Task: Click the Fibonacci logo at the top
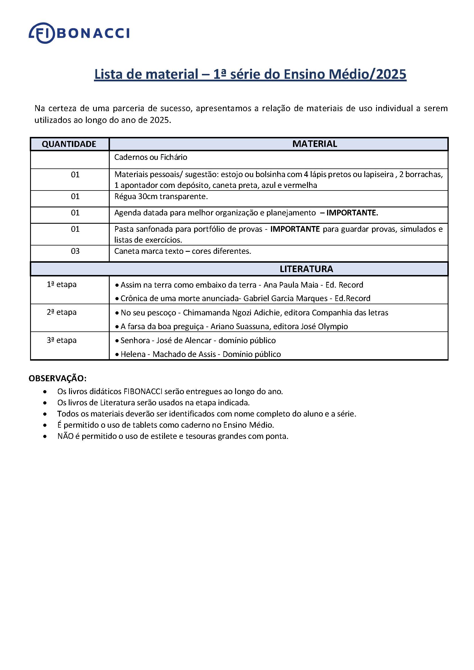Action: tap(79, 33)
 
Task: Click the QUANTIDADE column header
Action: tap(69, 144)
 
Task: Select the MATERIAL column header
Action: tap(314, 144)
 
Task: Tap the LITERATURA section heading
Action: tap(306, 269)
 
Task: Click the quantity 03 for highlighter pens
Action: tap(75, 251)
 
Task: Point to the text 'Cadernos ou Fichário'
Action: tap(151, 157)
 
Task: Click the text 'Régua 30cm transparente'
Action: tap(161, 197)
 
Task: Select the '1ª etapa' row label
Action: tap(62, 284)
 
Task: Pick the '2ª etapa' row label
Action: tap(62, 312)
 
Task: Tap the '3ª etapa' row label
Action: tap(62, 340)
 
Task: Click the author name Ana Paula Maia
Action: tap(291, 285)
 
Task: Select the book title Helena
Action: tap(133, 354)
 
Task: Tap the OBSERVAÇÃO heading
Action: tap(57, 378)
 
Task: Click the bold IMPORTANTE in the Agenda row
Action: tap(352, 213)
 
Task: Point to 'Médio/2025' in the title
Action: tap(367, 74)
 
